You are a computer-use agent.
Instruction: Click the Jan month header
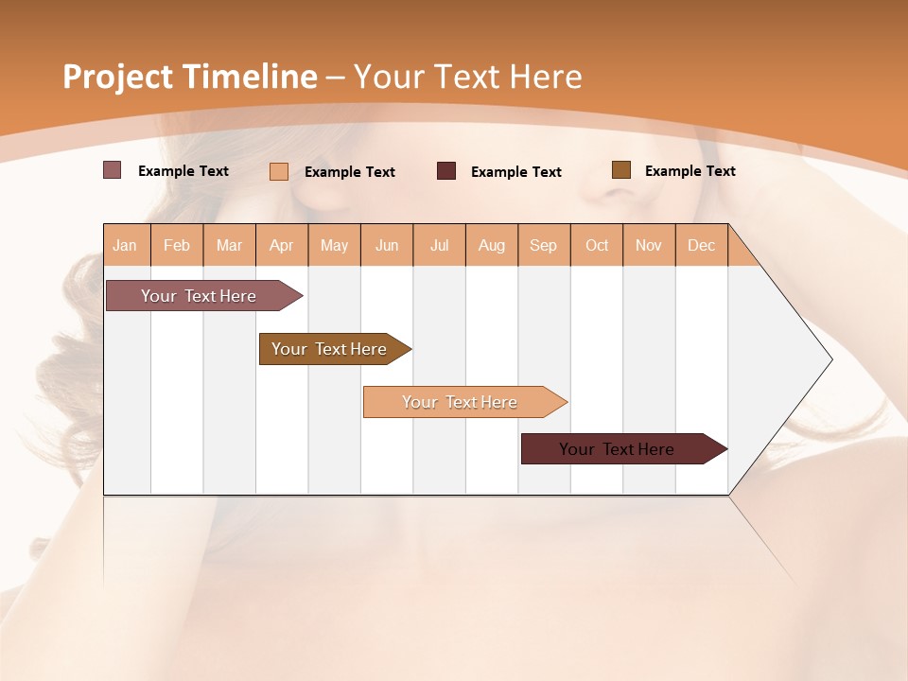pyautogui.click(x=125, y=246)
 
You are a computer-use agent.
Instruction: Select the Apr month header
pyautogui.click(x=282, y=246)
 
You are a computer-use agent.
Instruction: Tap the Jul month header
pyautogui.click(x=439, y=246)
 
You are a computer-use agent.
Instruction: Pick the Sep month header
pyautogui.click(x=543, y=246)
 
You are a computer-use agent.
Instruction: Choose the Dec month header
pyautogui.click(x=701, y=246)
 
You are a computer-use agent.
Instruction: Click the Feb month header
pyautogui.click(x=177, y=246)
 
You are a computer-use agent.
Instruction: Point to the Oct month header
pyautogui.click(x=597, y=246)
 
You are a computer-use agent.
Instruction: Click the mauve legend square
pyautogui.click(x=112, y=170)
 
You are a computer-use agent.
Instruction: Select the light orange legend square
pyautogui.click(x=279, y=171)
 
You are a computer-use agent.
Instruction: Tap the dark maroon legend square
pyautogui.click(x=446, y=171)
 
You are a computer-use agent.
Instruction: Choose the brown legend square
pyautogui.click(x=620, y=170)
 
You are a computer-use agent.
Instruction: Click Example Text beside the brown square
pyautogui.click(x=690, y=171)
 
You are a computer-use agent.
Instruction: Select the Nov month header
pyautogui.click(x=649, y=246)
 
